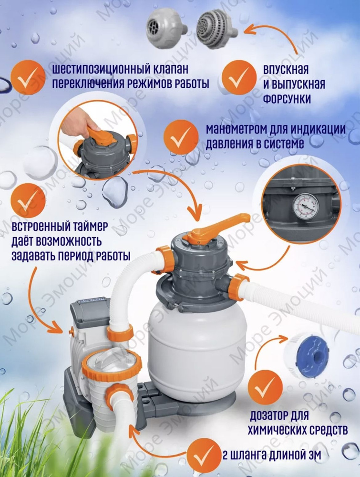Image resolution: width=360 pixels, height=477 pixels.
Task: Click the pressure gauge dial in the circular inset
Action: click(x=306, y=207)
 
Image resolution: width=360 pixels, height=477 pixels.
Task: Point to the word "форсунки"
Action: click(x=287, y=99)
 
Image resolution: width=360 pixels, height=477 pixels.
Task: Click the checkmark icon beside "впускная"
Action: click(x=239, y=78)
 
